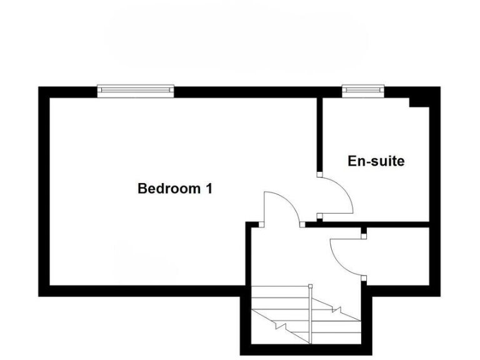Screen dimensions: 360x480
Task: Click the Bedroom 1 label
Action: point(175,188)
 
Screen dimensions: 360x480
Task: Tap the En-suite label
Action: point(376,161)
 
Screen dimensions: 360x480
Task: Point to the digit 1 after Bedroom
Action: point(209,188)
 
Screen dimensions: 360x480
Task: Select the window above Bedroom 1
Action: point(136,91)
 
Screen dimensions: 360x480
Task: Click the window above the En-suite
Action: point(362,91)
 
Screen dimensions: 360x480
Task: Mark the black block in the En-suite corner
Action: point(418,102)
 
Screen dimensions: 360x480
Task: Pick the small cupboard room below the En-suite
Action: point(397,256)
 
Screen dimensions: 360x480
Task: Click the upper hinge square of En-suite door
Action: point(319,175)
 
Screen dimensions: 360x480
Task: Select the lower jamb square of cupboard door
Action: point(363,278)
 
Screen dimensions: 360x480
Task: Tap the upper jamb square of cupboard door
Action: point(363,236)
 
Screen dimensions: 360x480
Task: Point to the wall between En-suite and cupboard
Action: point(375,223)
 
